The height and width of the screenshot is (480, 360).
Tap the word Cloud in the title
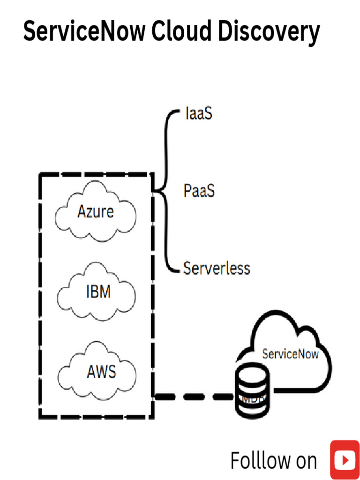(179, 31)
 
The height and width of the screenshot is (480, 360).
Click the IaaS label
(198, 114)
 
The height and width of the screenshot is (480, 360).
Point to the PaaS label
(199, 191)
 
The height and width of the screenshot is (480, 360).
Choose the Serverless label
(217, 269)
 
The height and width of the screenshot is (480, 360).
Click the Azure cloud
(96, 212)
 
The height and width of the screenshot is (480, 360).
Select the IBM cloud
(97, 293)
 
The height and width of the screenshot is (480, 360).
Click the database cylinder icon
(252, 392)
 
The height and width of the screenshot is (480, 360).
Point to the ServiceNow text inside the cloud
(290, 354)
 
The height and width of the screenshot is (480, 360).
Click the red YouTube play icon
(345, 460)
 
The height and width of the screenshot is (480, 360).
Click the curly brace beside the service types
(165, 191)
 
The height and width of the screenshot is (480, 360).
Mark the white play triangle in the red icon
(345, 461)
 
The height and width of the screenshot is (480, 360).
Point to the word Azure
(96, 212)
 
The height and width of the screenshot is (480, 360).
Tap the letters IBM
(98, 292)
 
